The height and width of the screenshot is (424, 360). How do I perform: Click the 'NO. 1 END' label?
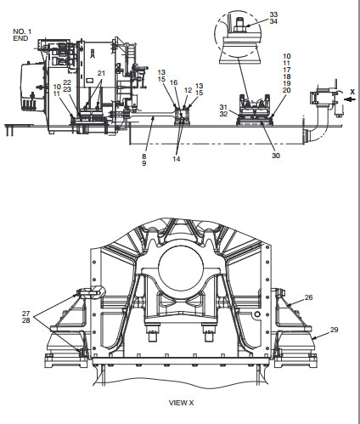click(x=22, y=35)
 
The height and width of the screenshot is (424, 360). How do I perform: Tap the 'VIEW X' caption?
click(x=181, y=403)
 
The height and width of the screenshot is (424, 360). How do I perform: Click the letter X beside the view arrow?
click(x=352, y=92)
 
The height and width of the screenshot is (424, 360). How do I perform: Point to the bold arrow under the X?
click(x=351, y=99)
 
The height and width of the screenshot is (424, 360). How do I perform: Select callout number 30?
click(x=276, y=155)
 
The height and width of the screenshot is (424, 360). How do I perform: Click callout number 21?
click(x=101, y=73)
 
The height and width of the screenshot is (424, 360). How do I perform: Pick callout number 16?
click(x=173, y=82)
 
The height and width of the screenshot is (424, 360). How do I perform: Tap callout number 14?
click(x=177, y=159)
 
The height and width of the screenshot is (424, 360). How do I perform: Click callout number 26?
click(x=309, y=297)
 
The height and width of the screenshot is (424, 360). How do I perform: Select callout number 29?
click(x=335, y=330)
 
